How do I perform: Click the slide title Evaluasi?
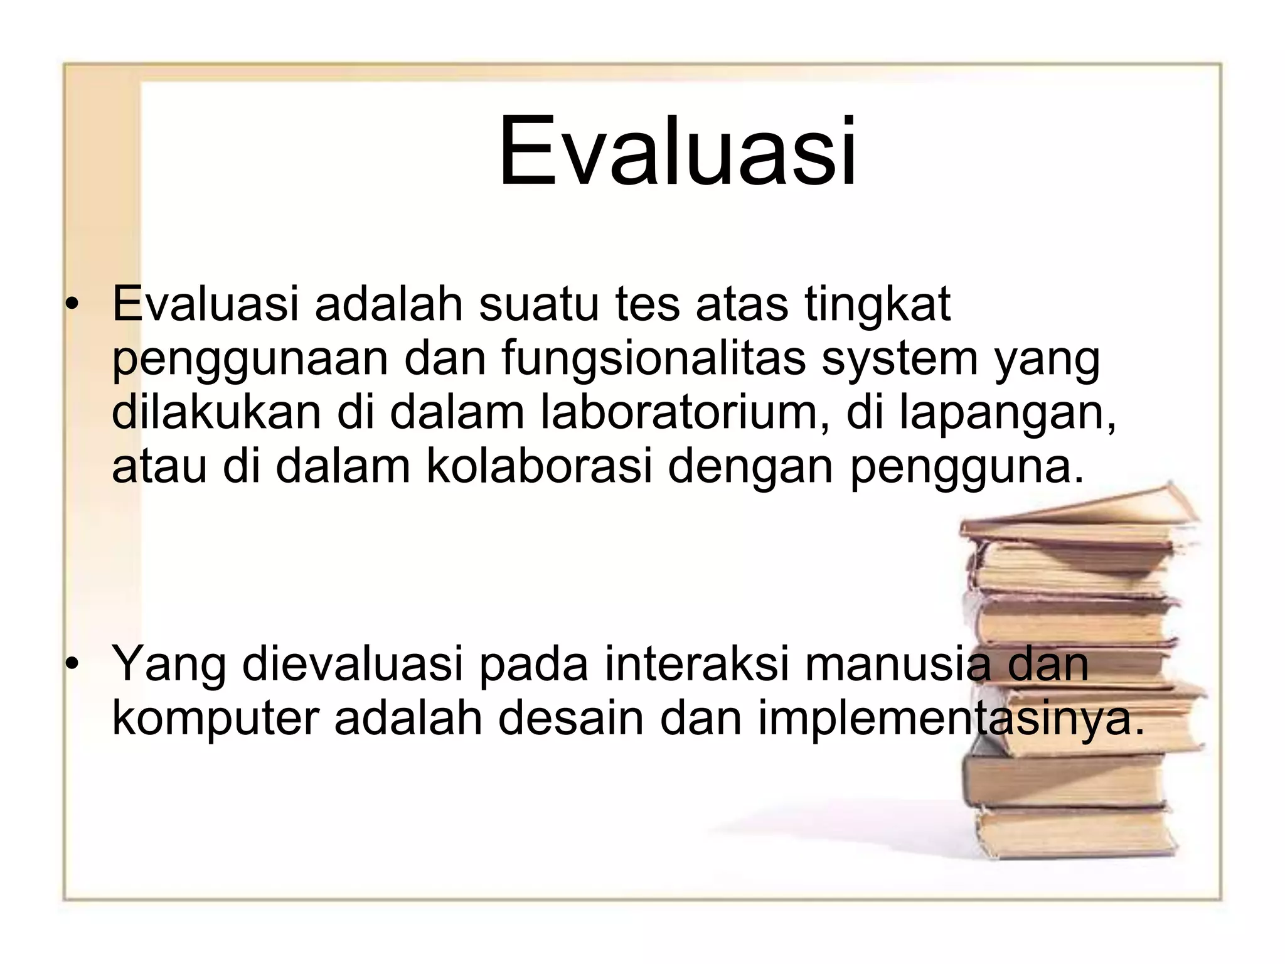[x=678, y=152]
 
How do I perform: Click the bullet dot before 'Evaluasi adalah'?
[x=73, y=305]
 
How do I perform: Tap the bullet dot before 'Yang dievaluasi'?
[x=73, y=664]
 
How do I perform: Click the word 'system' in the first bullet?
[x=899, y=359]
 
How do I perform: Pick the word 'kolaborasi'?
[x=540, y=467]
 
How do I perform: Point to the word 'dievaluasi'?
[x=352, y=664]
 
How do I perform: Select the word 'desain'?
[x=571, y=718]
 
